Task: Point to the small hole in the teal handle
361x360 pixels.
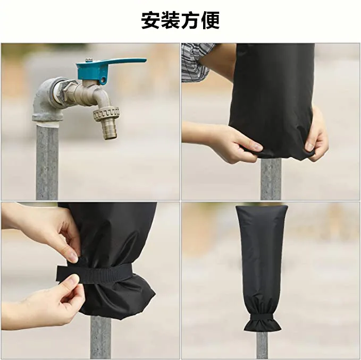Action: pyautogui.click(x=104, y=81)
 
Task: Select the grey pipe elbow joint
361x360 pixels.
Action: pyautogui.click(x=47, y=101)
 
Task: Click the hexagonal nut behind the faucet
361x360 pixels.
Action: pyautogui.click(x=66, y=90)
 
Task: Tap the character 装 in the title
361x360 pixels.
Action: pyautogui.click(x=170, y=20)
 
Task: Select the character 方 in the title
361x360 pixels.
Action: pyautogui.click(x=190, y=20)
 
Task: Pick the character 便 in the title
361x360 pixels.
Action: pyautogui.click(x=210, y=20)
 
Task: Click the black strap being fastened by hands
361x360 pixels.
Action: pyautogui.click(x=94, y=273)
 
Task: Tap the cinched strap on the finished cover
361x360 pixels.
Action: pyautogui.click(x=262, y=316)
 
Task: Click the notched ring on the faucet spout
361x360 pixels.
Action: pyautogui.click(x=106, y=114)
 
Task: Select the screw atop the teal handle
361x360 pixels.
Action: pyautogui.click(x=89, y=60)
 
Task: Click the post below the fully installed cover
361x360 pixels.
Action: pyautogui.click(x=262, y=345)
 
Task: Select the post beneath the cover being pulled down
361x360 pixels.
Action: pyautogui.click(x=271, y=179)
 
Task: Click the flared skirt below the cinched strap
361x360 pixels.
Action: pyautogui.click(x=263, y=325)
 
